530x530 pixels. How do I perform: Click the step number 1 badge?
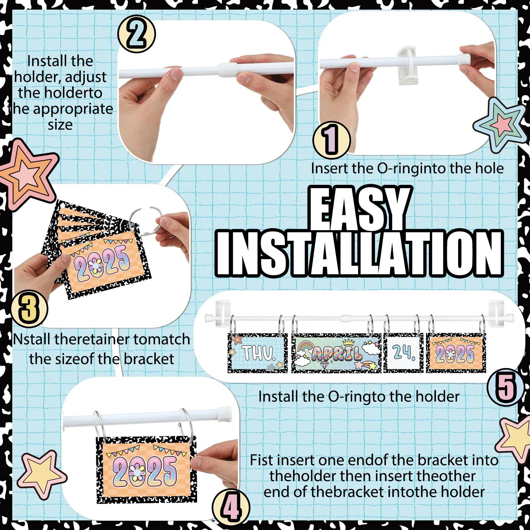tap(332, 139)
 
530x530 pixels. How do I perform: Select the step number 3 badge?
tap(29, 309)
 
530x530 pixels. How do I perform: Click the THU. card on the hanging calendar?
tap(258, 353)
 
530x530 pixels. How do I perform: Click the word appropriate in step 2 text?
tap(73, 109)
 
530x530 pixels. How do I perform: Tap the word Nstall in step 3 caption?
tap(32, 339)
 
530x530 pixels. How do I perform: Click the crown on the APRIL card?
tap(349, 343)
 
